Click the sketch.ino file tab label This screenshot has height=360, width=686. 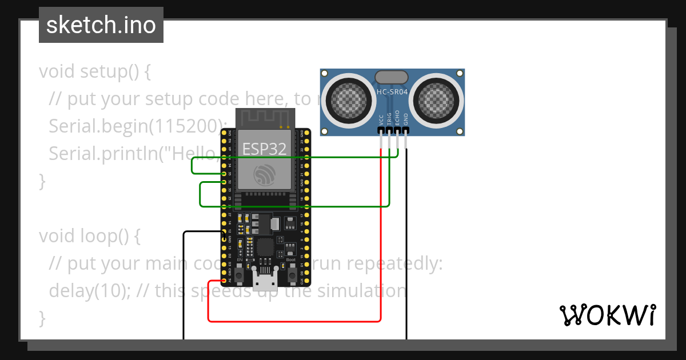pos(101,25)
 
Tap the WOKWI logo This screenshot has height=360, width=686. pos(607,315)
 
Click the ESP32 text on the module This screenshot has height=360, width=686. pos(264,149)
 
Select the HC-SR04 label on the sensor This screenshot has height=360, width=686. pos(392,91)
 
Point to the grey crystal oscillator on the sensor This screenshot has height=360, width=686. pos(392,77)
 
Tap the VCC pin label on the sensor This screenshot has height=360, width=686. pos(381,119)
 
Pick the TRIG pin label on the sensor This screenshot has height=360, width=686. pos(389,118)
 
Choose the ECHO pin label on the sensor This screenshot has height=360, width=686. pos(397,118)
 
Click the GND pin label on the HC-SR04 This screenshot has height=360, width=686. pos(406,119)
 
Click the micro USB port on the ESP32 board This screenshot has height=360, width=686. pos(265,282)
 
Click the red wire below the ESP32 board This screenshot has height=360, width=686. pos(294,321)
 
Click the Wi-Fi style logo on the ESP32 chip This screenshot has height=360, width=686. pos(265,174)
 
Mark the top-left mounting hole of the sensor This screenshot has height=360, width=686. pos(325,74)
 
